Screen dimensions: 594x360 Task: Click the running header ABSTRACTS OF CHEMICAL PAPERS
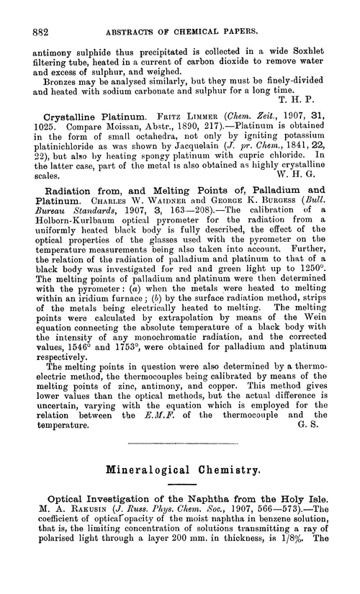tap(180, 12)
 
